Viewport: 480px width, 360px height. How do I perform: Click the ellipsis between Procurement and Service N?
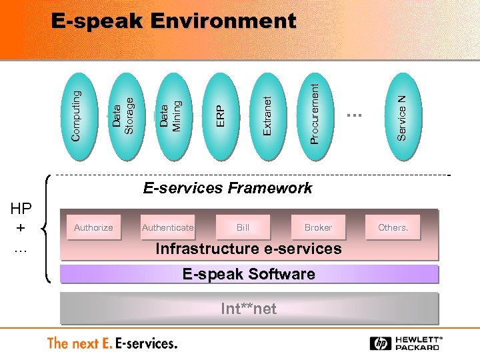[x=353, y=115]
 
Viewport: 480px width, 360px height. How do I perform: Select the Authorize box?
[x=93, y=227]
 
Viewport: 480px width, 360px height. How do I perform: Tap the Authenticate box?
[x=168, y=227]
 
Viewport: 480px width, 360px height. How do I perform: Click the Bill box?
[x=243, y=227]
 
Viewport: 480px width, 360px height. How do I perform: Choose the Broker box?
[x=318, y=227]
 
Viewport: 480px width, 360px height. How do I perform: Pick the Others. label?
[x=393, y=227]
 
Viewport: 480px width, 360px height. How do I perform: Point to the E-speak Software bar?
[x=249, y=274]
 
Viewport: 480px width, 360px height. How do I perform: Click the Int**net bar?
[x=249, y=308]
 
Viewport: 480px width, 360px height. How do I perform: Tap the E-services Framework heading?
[x=227, y=188]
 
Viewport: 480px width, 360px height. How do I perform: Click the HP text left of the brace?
[x=21, y=209]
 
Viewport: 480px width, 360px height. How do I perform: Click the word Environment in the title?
[x=223, y=21]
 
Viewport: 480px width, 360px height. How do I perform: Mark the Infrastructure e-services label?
[x=248, y=249]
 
